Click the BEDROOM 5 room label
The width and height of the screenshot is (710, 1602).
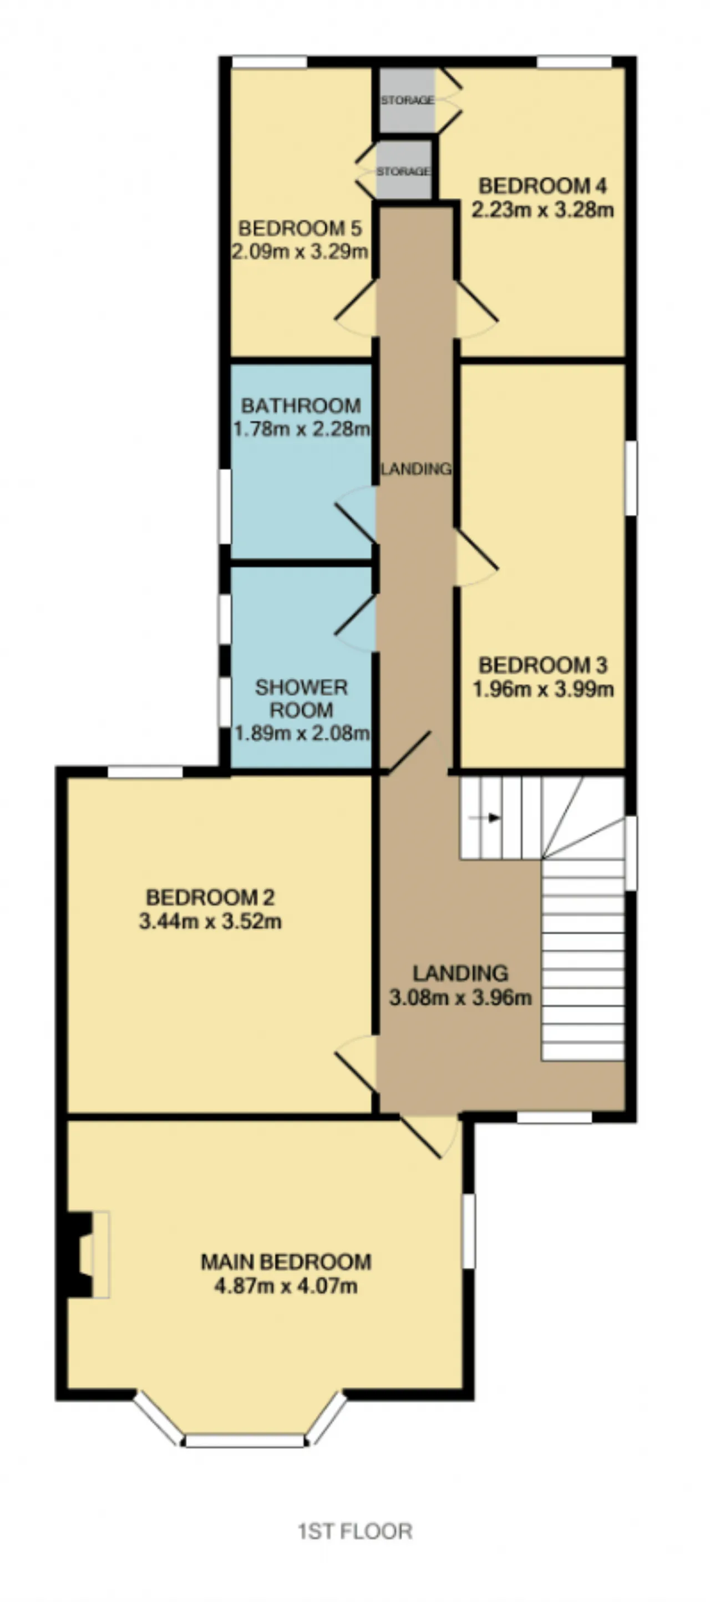pyautogui.click(x=299, y=228)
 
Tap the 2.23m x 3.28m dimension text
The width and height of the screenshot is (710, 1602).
pyautogui.click(x=542, y=210)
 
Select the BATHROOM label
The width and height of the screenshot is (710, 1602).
pyautogui.click(x=301, y=406)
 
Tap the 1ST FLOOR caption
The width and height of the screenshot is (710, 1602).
pyautogui.click(x=355, y=1531)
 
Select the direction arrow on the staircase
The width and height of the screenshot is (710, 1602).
pyautogui.click(x=485, y=818)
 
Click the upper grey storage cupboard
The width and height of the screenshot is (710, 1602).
pyautogui.click(x=407, y=100)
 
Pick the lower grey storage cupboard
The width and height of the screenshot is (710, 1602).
pyautogui.click(x=403, y=170)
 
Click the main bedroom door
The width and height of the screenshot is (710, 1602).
pyautogui.click(x=429, y=1138)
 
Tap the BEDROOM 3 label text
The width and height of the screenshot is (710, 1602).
pyautogui.click(x=542, y=665)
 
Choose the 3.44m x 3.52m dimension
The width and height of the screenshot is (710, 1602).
pyautogui.click(x=210, y=921)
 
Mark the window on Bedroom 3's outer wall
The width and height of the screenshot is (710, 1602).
pyautogui.click(x=631, y=478)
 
